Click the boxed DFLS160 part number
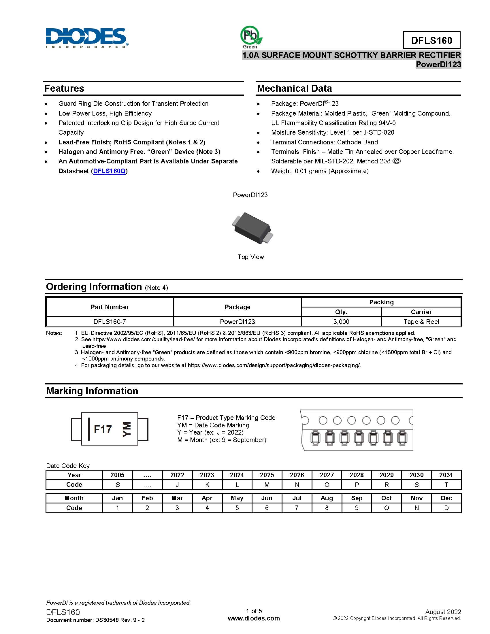[431, 40]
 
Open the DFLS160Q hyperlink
[110, 171]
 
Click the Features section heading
[64, 88]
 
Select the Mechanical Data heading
[294, 88]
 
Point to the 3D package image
[252, 228]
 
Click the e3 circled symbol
[397, 161]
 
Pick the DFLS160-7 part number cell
[110, 322]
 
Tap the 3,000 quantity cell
[341, 322]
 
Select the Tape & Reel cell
[421, 322]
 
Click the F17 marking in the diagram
[103, 429]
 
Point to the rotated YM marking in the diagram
[127, 429]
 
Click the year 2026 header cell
[297, 475]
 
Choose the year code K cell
[207, 485]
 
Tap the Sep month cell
[357, 498]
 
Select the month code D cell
[446, 508]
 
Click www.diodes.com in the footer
[254, 618]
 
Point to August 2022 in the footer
[443, 612]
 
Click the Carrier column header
[421, 312]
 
